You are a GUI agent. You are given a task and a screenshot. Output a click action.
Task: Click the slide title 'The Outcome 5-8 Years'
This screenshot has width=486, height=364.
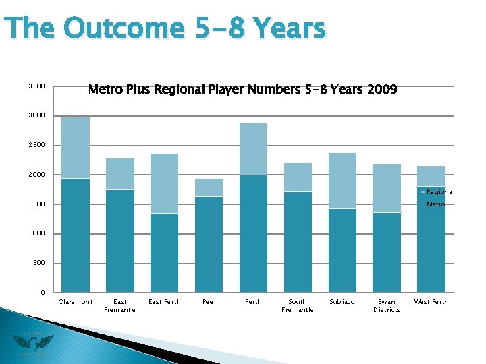[165, 29]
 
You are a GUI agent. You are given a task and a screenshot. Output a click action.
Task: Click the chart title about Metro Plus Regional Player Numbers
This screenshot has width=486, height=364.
[242, 90]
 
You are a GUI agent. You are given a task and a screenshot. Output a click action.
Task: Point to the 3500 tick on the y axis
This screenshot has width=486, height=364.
[36, 86]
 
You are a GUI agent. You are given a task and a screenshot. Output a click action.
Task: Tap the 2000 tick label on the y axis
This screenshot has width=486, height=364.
[36, 175]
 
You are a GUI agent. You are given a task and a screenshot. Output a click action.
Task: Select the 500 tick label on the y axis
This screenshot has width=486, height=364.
[38, 263]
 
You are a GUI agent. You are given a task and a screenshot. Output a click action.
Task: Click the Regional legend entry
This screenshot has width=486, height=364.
[439, 192]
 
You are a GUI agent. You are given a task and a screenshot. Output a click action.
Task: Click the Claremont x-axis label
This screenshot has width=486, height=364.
[76, 302]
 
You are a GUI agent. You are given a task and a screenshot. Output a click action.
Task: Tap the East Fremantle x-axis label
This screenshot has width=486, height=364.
[119, 305]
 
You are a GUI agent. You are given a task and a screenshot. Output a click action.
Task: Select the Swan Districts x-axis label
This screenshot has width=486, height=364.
[387, 305]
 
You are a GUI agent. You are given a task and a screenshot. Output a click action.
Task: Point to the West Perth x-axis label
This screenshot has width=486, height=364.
[431, 302]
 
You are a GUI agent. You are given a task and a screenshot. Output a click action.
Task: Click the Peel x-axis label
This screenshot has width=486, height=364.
[209, 302]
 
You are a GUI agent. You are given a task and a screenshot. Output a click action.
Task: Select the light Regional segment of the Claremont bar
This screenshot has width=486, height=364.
[76, 148]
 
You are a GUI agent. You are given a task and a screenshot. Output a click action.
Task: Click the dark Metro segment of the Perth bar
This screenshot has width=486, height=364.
[253, 233]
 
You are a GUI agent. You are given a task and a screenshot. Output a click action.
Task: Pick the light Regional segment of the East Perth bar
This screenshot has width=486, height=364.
[164, 183]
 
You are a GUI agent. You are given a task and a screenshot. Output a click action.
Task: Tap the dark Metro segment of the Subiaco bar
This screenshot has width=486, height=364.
[342, 249]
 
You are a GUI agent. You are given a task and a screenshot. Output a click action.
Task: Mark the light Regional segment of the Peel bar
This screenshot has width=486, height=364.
[209, 187]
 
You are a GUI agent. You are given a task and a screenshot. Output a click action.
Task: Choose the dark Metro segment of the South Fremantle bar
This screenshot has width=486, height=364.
[298, 241]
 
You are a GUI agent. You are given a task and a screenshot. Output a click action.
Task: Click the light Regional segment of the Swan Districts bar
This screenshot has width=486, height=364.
[387, 189]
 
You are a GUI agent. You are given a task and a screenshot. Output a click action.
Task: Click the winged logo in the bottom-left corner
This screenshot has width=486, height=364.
[32, 344]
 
